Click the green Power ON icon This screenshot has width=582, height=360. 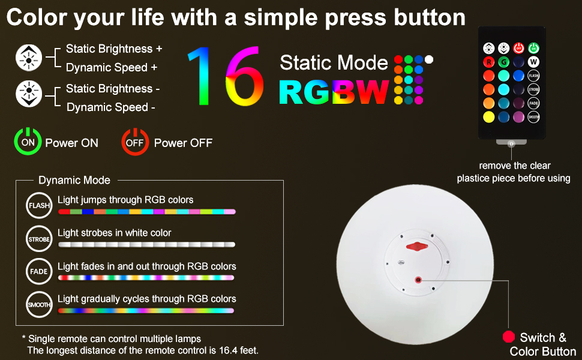point(28,142)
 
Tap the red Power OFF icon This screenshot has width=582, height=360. point(135,142)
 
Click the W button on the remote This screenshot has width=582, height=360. point(533,62)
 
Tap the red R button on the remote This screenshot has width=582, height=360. point(489,62)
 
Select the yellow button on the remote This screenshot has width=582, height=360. point(489,116)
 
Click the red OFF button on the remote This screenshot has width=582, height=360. point(518,48)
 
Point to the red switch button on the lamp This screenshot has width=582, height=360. point(418,280)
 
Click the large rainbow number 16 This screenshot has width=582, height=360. point(226,76)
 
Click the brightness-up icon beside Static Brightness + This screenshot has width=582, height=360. point(28,58)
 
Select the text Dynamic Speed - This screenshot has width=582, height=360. point(111,107)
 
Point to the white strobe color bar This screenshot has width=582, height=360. point(146,245)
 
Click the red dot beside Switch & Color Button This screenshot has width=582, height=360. point(509,337)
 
